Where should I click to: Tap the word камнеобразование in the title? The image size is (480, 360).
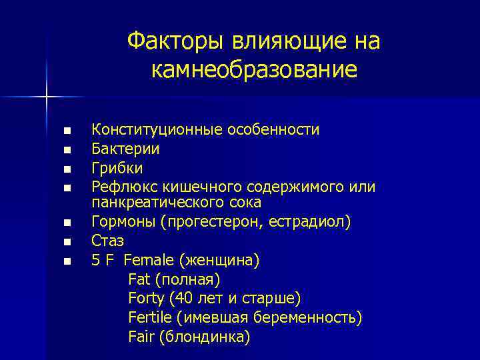tap(253, 69)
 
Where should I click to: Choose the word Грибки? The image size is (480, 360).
tap(117, 167)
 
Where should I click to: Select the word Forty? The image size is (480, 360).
tap(146, 298)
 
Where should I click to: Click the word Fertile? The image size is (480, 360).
tap(149, 317)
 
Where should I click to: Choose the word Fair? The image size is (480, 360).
tap(141, 337)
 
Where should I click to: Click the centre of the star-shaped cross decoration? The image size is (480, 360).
tap(47, 97)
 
